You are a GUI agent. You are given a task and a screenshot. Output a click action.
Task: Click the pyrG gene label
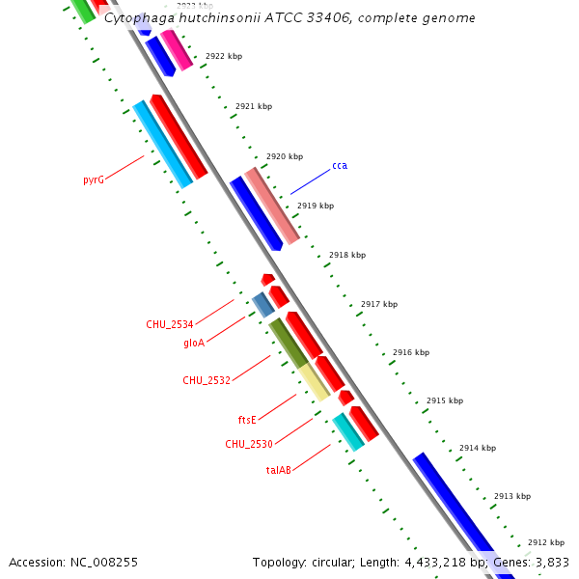[x=93, y=179]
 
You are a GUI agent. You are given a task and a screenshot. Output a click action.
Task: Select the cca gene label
[x=340, y=166]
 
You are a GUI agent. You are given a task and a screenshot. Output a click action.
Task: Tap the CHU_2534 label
[x=170, y=324]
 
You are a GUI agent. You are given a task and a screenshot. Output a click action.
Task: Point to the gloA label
[x=194, y=343]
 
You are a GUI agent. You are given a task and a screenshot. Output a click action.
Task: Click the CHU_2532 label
[x=207, y=380]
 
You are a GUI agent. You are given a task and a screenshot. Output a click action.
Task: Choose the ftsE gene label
[x=247, y=420]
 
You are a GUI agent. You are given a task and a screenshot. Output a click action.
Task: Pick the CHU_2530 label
[x=249, y=444]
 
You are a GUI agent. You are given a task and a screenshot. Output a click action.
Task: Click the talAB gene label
[x=278, y=470]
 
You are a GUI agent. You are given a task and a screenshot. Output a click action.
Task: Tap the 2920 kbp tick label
[x=285, y=156]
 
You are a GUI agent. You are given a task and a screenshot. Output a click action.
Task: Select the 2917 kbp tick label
[x=379, y=304]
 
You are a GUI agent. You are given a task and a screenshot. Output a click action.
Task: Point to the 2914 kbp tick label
[x=478, y=448]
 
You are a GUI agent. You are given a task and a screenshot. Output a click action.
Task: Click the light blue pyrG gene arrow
[x=162, y=144]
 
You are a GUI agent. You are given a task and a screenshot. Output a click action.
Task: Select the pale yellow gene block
[x=314, y=382]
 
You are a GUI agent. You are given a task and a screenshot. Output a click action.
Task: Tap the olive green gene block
[x=288, y=342]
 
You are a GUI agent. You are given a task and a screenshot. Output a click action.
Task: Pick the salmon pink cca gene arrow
[x=272, y=206]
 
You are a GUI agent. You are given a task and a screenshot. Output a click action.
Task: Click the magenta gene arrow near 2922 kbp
[x=177, y=49]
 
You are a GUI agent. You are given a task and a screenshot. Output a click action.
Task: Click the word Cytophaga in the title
[x=136, y=18]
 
